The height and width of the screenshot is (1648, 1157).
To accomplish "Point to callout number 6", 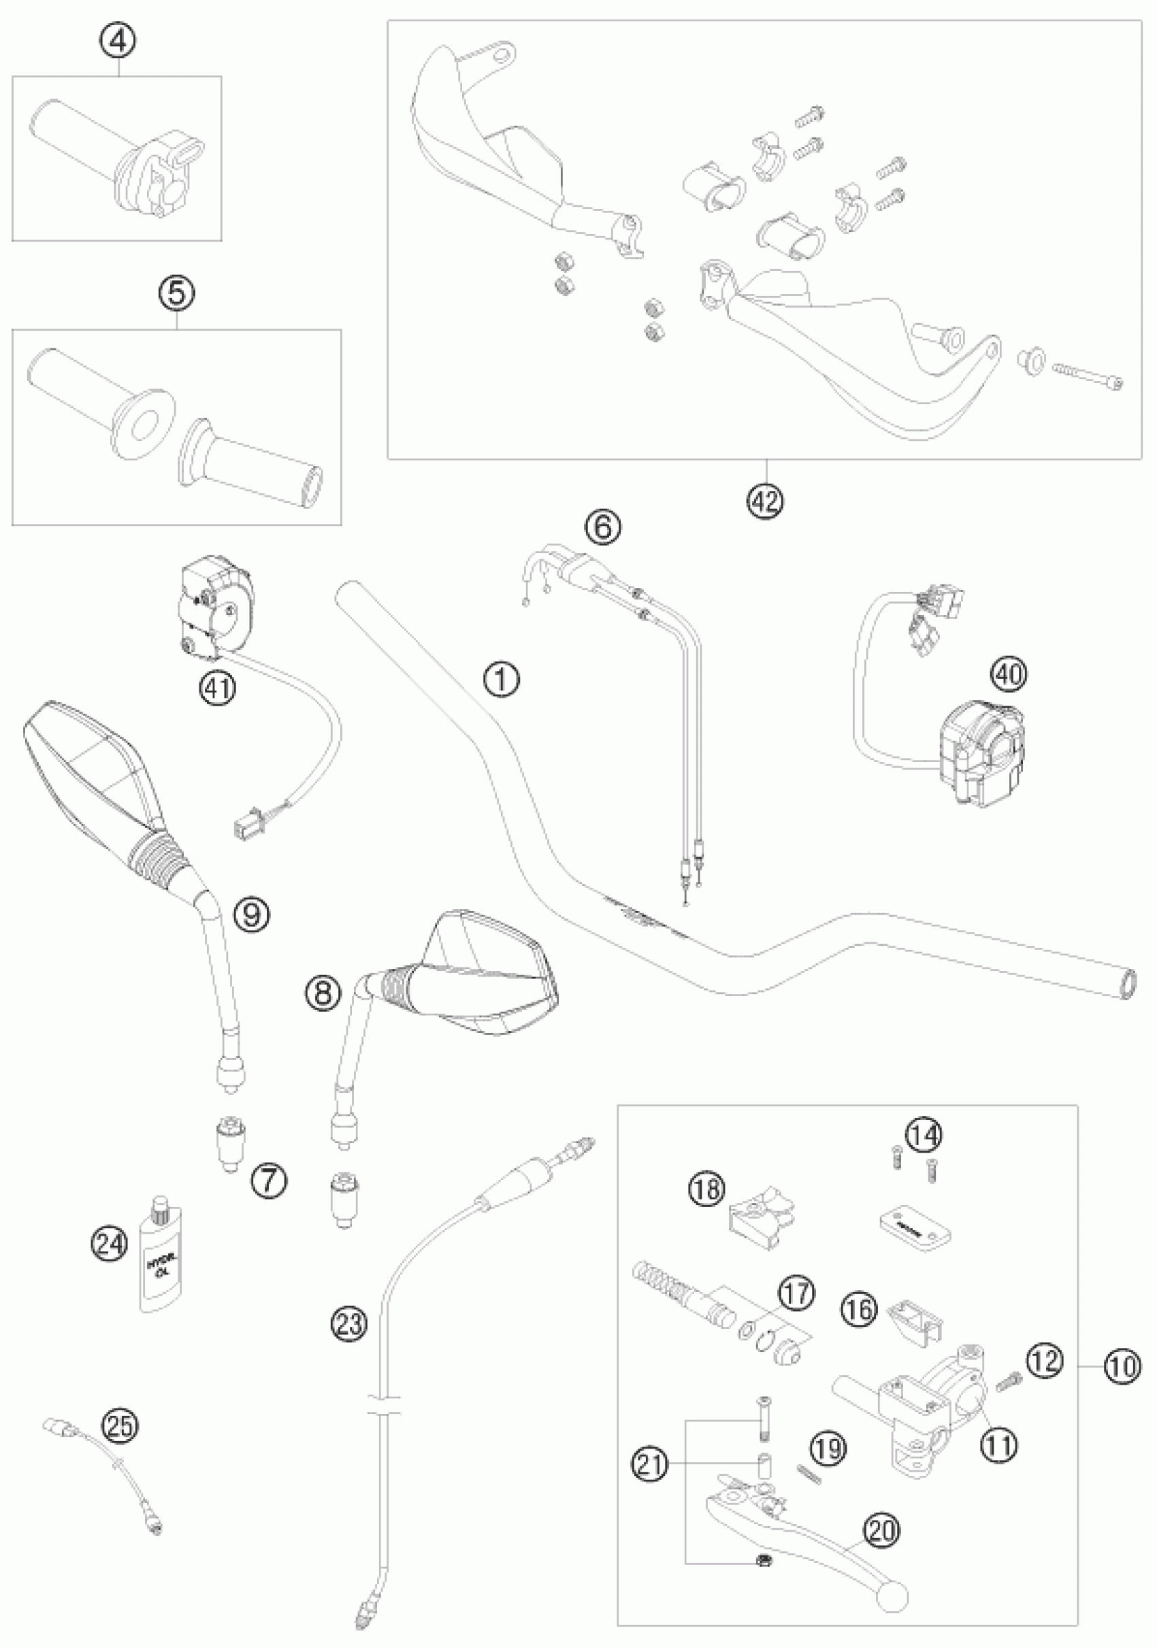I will coord(602,527).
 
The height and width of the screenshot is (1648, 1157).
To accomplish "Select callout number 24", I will coord(109,1244).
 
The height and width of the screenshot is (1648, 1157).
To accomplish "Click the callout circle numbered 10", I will coord(1121,1364).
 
